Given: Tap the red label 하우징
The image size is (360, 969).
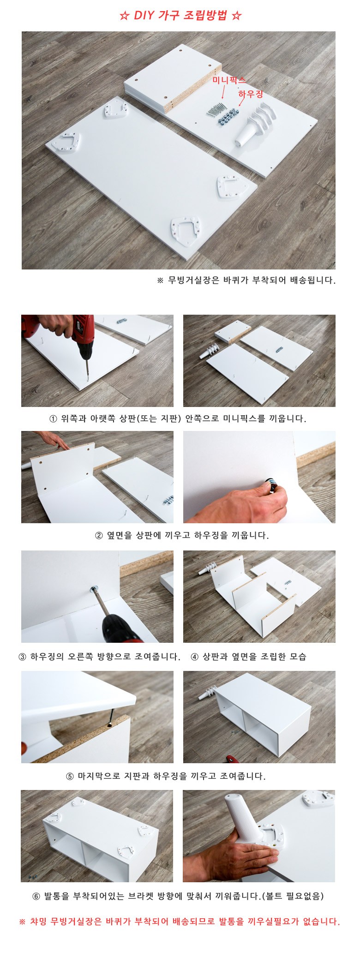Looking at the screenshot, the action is click(251, 94).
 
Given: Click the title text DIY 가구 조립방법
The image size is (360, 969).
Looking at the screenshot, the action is click(180, 16).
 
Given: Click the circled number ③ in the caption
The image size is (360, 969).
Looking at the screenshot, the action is click(22, 657).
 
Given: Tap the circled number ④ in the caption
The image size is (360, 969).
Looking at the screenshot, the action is click(194, 657).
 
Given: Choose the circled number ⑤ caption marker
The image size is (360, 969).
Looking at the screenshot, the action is click(70, 777).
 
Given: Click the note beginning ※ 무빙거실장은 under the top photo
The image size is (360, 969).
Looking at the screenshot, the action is click(246, 280).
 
